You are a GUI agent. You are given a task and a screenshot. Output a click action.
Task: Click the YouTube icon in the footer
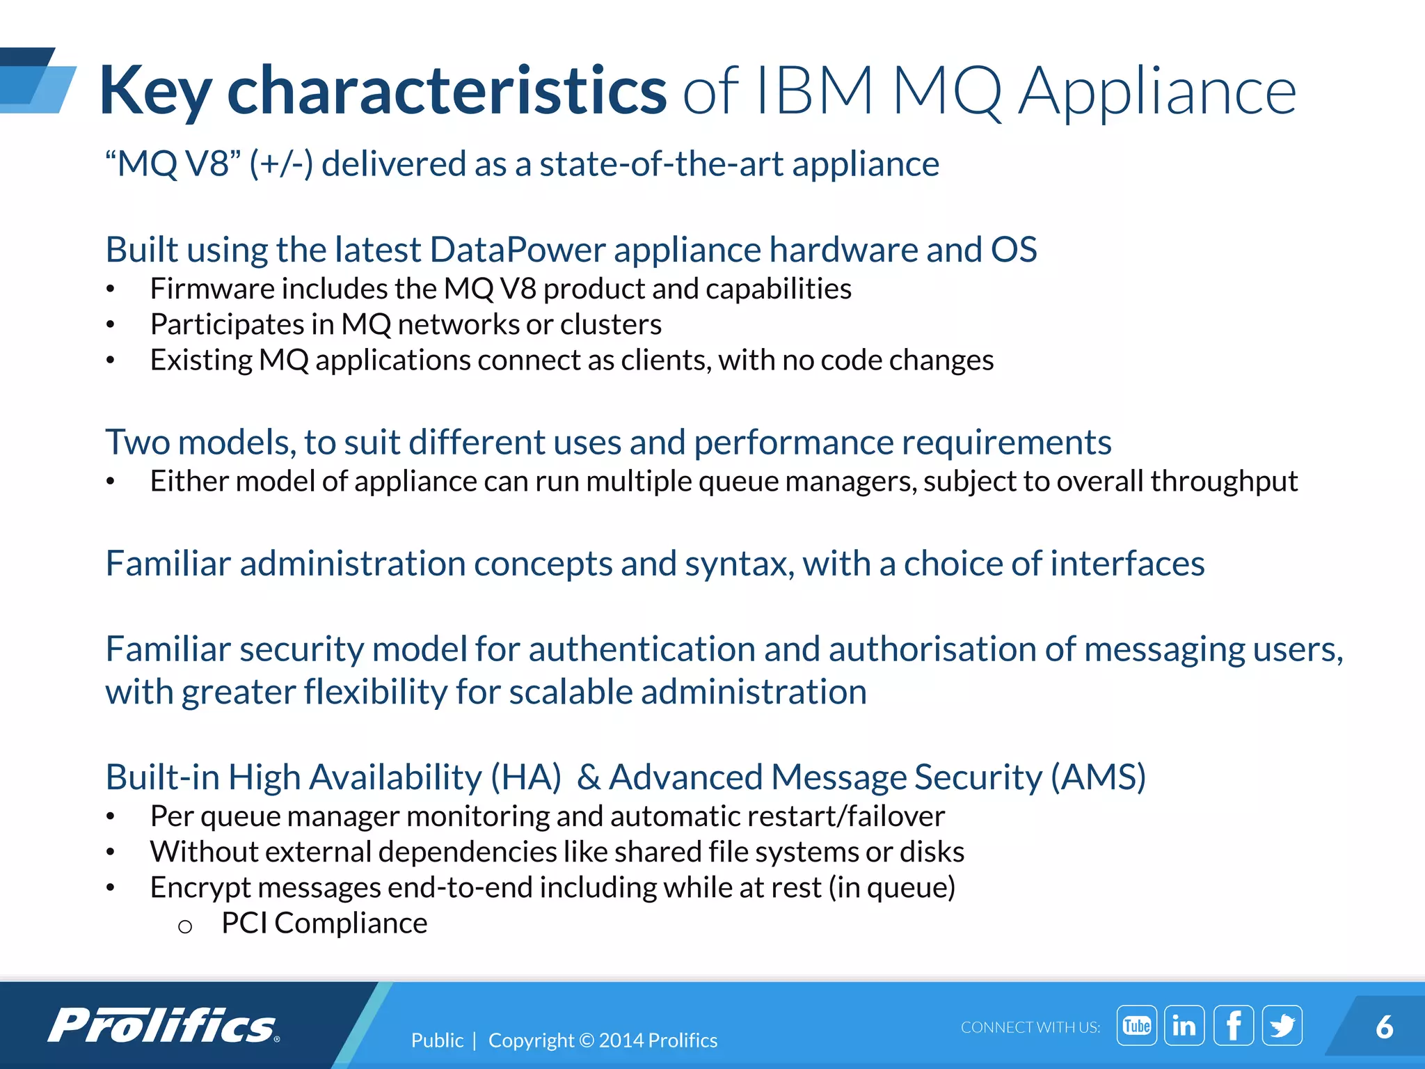pos(1136,1025)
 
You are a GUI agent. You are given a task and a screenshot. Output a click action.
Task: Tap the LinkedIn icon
pos(1184,1025)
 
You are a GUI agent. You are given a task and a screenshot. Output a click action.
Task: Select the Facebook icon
pos(1233,1025)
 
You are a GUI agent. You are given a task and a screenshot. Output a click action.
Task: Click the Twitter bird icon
pos(1282,1025)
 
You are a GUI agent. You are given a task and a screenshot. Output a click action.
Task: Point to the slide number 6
pos(1384,1027)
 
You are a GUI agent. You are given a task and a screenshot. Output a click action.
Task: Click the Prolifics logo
pos(164,1025)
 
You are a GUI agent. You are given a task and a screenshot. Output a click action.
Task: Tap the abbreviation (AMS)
pos(1098,777)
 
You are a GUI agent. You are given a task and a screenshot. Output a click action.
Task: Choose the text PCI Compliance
pos(324,923)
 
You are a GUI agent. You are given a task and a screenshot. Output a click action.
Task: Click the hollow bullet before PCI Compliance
pos(184,926)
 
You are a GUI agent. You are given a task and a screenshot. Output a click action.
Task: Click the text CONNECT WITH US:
pos(1030,1027)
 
